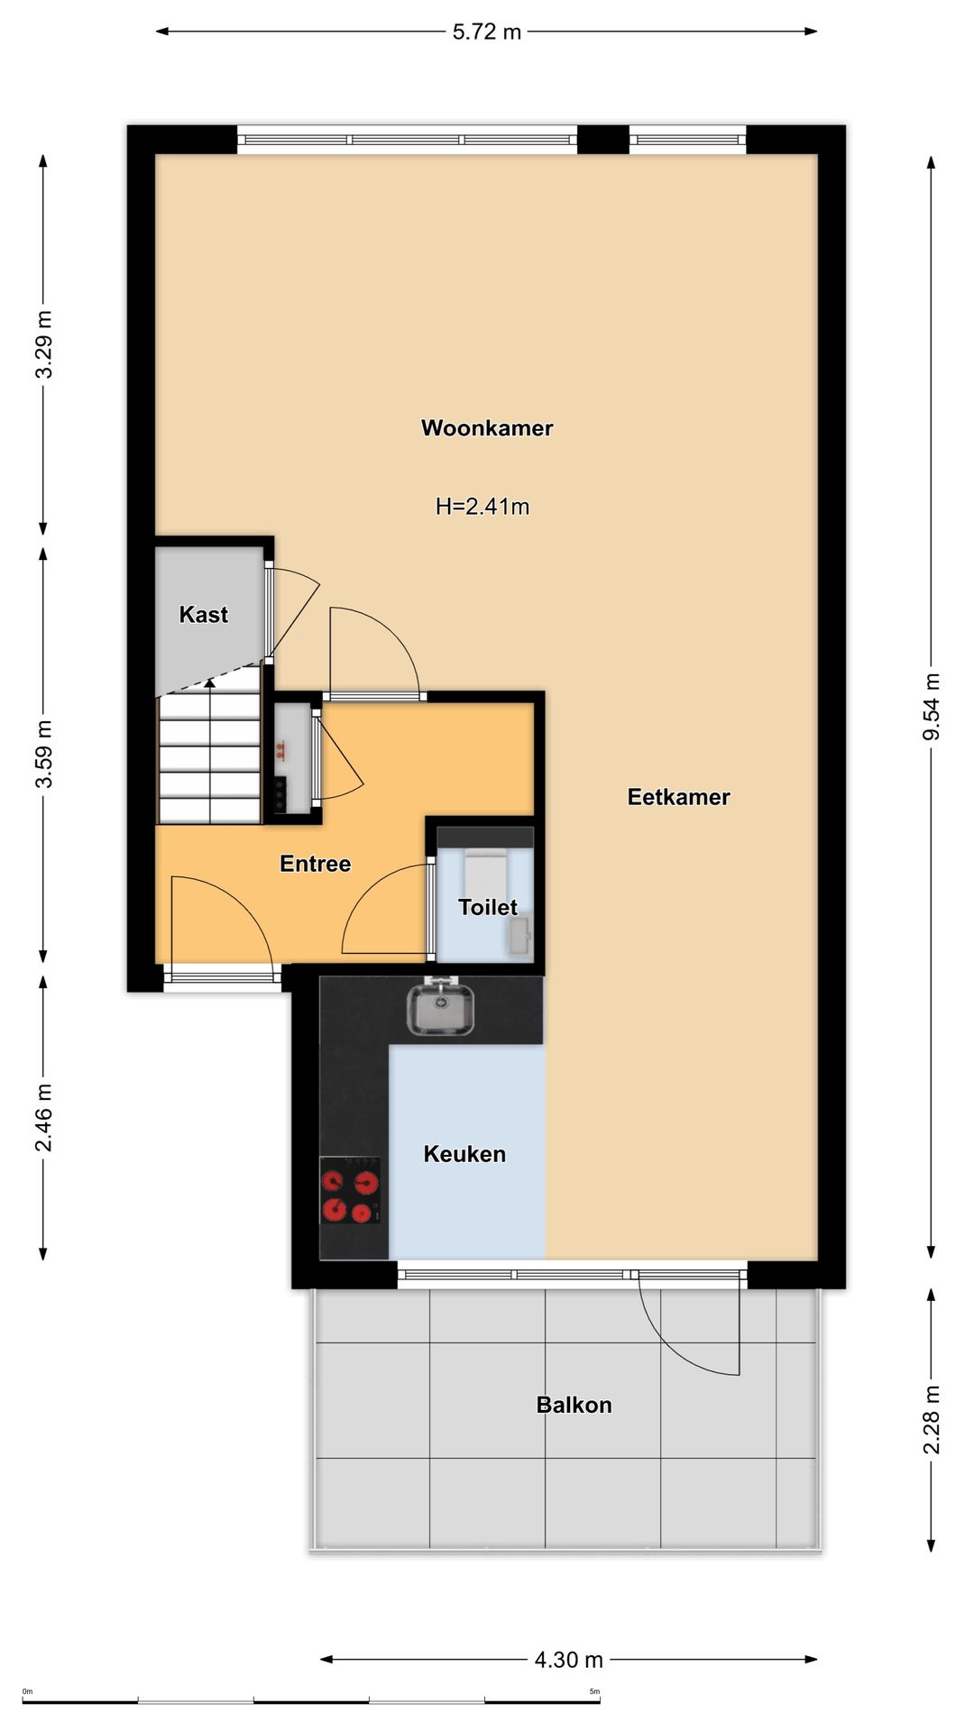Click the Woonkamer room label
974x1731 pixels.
(x=487, y=428)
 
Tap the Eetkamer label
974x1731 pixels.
(x=678, y=797)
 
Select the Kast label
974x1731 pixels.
(x=203, y=615)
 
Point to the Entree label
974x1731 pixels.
(x=315, y=864)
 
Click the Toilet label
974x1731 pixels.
(x=487, y=907)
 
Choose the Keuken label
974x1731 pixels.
(x=464, y=1154)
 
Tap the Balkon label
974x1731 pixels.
(x=574, y=1405)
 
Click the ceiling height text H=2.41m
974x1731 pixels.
(x=482, y=507)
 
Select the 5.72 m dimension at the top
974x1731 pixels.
(x=487, y=32)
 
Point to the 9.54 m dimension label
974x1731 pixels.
(x=932, y=707)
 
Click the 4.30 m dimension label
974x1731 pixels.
(x=569, y=1659)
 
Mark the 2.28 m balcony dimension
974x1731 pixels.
(x=932, y=1420)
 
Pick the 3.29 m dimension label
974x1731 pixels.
(x=43, y=344)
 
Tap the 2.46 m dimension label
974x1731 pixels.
(x=43, y=1118)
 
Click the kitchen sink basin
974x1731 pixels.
(x=440, y=1009)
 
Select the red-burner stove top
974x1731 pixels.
(x=351, y=1196)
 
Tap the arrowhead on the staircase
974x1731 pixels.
(x=210, y=682)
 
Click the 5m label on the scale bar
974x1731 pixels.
(x=594, y=1691)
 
